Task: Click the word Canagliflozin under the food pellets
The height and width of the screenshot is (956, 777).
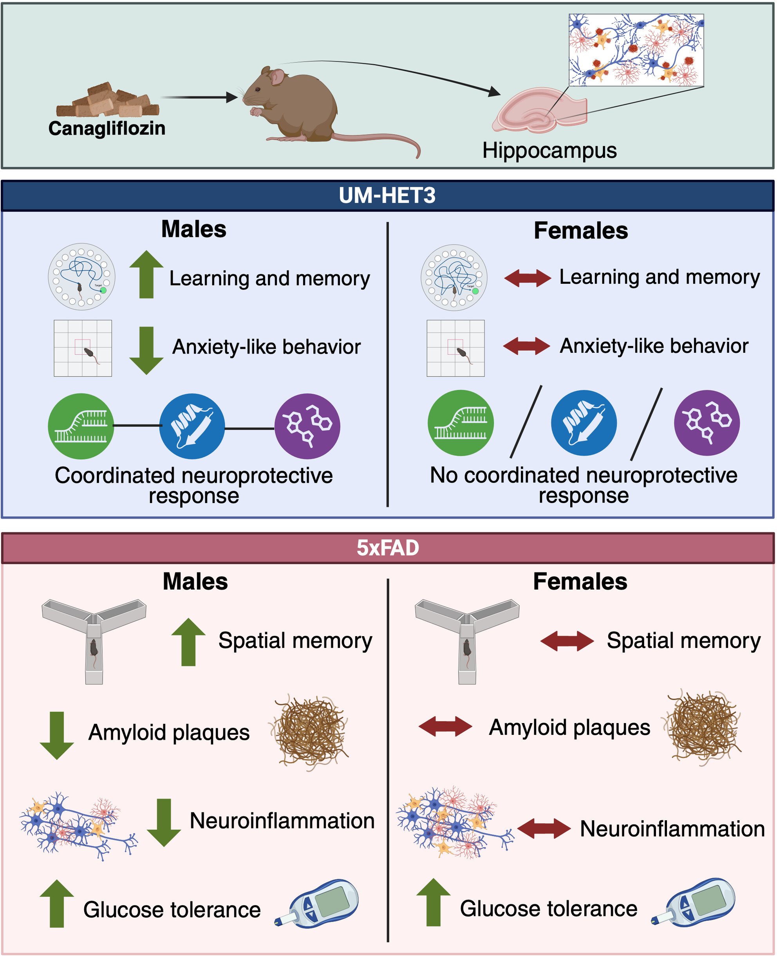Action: [x=107, y=128]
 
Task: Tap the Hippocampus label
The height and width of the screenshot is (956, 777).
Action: [x=549, y=150]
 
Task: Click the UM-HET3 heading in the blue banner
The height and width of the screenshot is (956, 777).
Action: [x=387, y=195]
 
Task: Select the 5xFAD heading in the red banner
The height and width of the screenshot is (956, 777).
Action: [x=388, y=548]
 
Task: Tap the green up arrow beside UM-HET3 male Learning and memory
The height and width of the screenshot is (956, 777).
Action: [x=146, y=274]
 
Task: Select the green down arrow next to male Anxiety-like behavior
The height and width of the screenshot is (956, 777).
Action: [x=146, y=350]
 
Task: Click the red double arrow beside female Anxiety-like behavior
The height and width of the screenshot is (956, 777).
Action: [x=526, y=346]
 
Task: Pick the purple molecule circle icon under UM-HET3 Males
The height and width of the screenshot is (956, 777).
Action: [x=307, y=426]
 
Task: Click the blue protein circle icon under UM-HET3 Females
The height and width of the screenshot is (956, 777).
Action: [x=584, y=423]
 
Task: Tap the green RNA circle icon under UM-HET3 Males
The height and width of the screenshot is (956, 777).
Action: [x=81, y=426]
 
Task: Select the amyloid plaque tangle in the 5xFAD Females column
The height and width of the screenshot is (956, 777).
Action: [x=703, y=727]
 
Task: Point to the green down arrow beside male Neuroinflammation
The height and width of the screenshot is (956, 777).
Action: [x=164, y=822]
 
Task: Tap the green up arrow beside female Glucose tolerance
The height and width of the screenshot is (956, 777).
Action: [x=433, y=902]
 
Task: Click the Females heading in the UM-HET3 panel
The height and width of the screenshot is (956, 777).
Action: [x=580, y=231]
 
